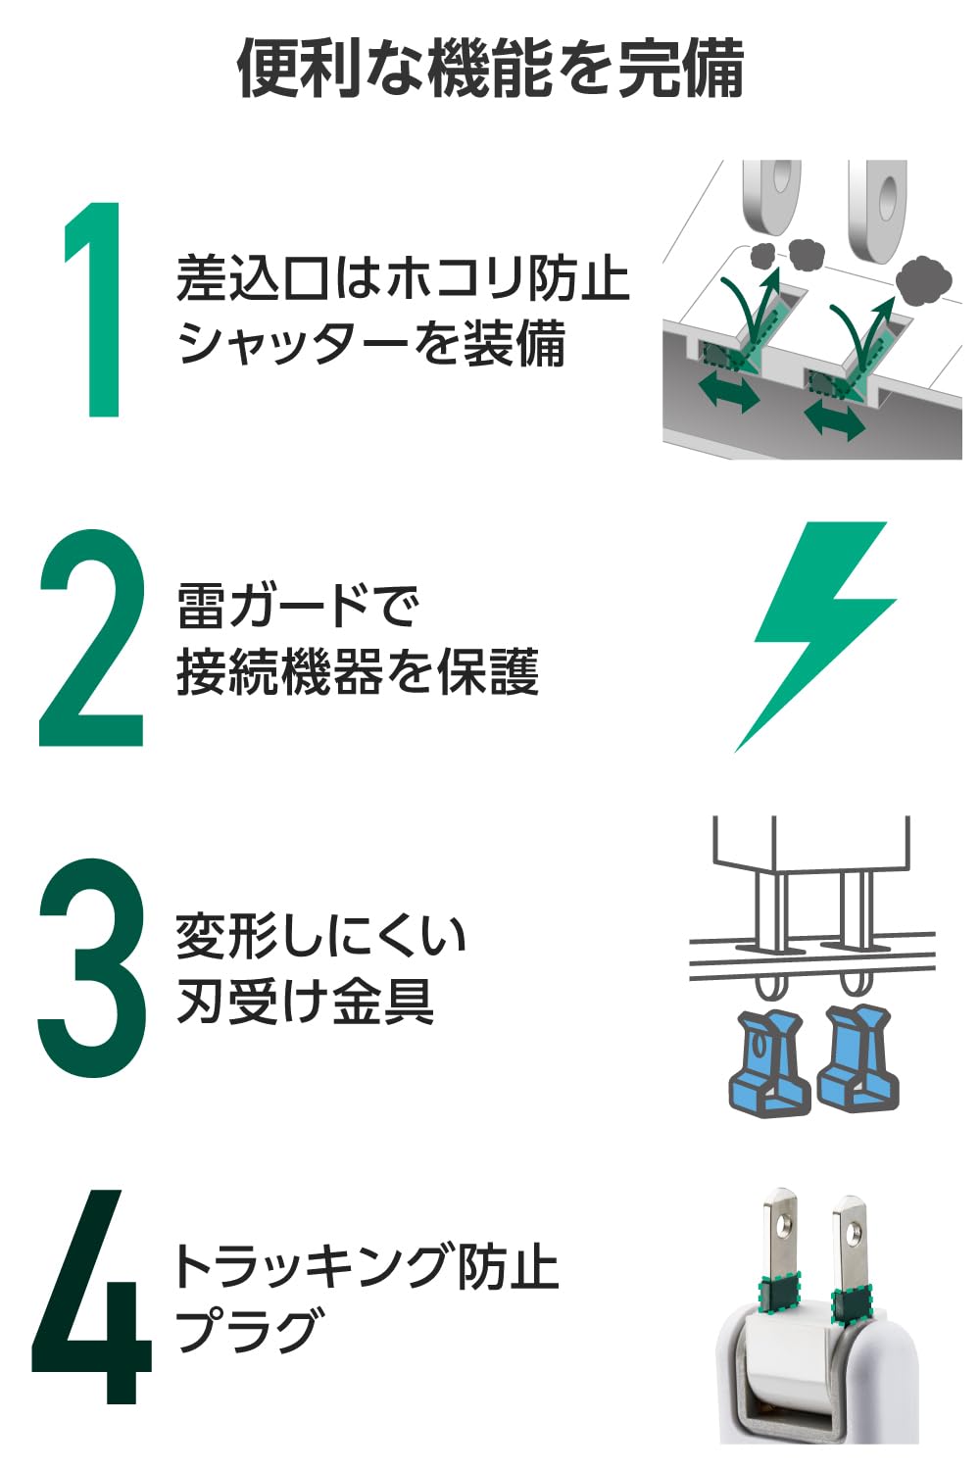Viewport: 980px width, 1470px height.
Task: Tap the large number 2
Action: (x=91, y=638)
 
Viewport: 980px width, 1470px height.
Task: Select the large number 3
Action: (x=91, y=967)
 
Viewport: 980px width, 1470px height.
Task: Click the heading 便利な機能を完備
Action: (x=490, y=69)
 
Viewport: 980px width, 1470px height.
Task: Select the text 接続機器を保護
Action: (x=358, y=672)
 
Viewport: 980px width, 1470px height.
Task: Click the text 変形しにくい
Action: (x=320, y=935)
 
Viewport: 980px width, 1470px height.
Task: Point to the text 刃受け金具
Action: (x=305, y=1002)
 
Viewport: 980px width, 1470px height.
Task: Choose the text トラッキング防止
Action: (x=365, y=1265)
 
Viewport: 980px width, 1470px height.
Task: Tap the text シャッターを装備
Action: (x=371, y=344)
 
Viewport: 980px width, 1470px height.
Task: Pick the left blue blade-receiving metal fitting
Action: (x=768, y=1062)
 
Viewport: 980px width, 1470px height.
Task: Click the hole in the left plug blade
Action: (x=783, y=1224)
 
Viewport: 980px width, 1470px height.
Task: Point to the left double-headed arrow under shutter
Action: (x=730, y=393)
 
